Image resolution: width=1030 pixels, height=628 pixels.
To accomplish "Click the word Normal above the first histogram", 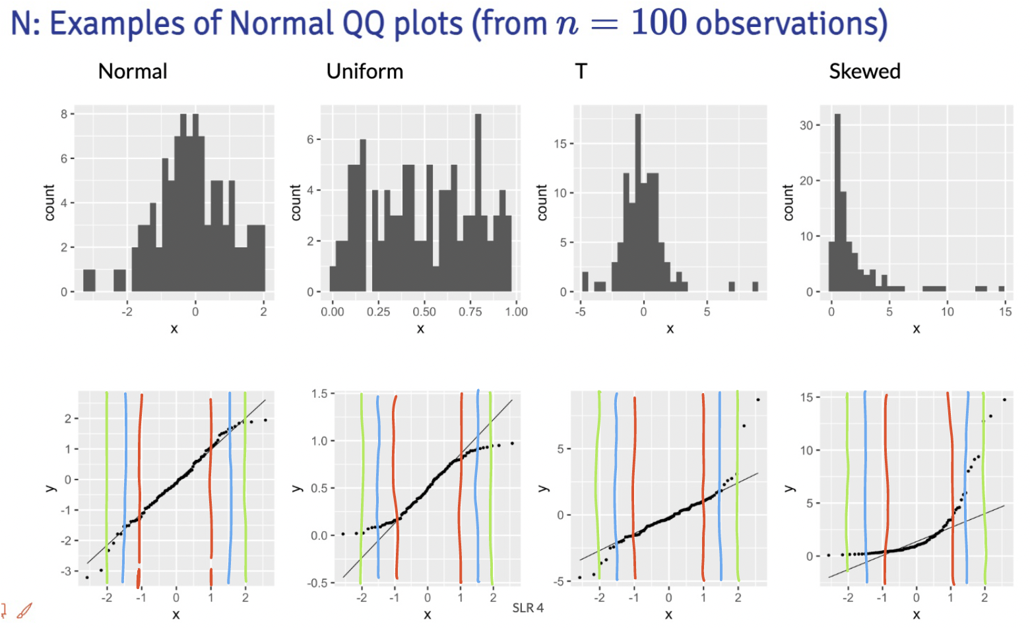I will pyautogui.click(x=133, y=71).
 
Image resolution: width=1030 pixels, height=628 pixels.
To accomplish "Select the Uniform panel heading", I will pyautogui.click(x=365, y=71).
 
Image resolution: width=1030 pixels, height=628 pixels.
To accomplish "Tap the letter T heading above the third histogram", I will pyautogui.click(x=581, y=71).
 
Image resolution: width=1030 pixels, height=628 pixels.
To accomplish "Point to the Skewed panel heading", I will pyautogui.click(x=864, y=71).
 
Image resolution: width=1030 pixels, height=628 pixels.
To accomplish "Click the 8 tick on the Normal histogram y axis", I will pyautogui.click(x=63, y=114).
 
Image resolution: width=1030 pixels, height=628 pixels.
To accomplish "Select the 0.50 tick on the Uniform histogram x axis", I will pyautogui.click(x=424, y=312).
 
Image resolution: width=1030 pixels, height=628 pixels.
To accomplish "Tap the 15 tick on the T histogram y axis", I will pyautogui.click(x=560, y=144).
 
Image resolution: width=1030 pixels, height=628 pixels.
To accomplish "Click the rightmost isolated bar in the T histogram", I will pyautogui.click(x=755, y=286).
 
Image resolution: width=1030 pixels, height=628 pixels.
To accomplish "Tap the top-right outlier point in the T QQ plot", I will pyautogui.click(x=757, y=400).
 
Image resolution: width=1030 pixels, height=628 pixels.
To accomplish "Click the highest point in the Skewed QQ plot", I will pyautogui.click(x=1004, y=400).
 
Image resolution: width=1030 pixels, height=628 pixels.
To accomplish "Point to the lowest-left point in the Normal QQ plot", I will pyautogui.click(x=87, y=577).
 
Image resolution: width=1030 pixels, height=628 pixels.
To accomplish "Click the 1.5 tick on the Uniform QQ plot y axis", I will pyautogui.click(x=319, y=394).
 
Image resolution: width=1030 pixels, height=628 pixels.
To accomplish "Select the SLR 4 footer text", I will pyautogui.click(x=528, y=608).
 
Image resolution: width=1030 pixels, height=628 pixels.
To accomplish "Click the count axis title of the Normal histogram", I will pyautogui.click(x=49, y=203).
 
